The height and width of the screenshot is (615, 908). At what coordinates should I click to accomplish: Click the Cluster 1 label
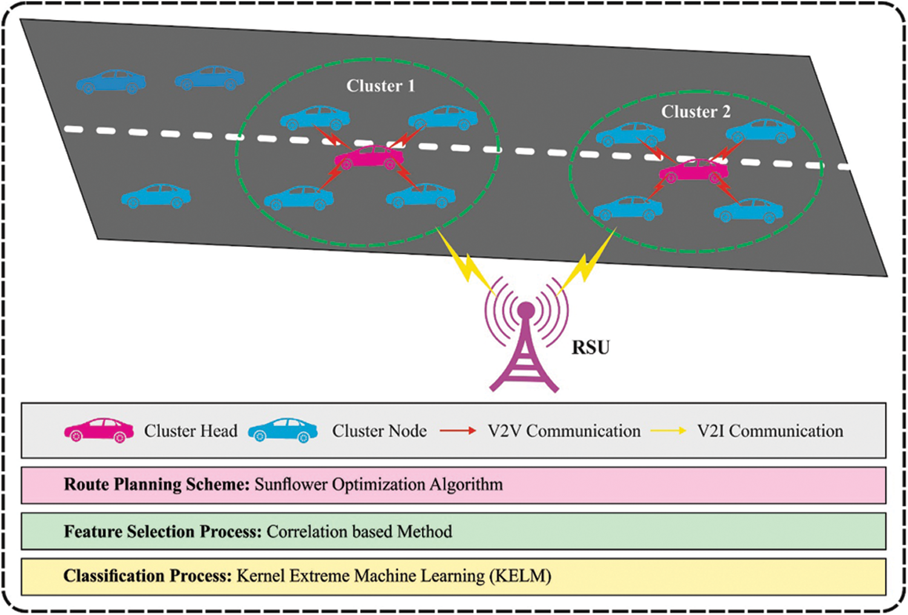[380, 86]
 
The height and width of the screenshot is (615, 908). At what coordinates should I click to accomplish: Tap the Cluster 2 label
[696, 112]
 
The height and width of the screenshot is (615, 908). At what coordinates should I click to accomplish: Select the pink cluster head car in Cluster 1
[369, 157]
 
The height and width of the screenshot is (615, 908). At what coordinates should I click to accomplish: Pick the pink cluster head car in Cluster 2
[694, 171]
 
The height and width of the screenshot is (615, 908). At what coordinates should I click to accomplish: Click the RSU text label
[591, 347]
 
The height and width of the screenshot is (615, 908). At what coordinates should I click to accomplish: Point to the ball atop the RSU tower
[525, 311]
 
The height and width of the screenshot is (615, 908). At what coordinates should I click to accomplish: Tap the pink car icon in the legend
[99, 430]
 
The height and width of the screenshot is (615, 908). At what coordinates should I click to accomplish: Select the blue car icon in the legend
[283, 430]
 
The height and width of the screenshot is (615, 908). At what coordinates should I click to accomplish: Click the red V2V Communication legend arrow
[458, 431]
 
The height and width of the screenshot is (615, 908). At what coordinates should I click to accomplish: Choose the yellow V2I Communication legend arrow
[668, 431]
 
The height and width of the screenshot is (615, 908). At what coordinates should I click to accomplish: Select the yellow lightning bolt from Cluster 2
[585, 263]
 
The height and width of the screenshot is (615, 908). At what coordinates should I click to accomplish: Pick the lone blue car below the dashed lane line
[156, 196]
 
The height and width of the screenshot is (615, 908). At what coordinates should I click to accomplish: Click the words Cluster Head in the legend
[190, 431]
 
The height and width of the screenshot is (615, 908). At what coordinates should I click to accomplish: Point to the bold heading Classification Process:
[148, 576]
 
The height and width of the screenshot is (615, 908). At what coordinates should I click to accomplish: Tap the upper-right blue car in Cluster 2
[761, 131]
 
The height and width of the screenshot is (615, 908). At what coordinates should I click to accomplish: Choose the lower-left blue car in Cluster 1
[298, 197]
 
